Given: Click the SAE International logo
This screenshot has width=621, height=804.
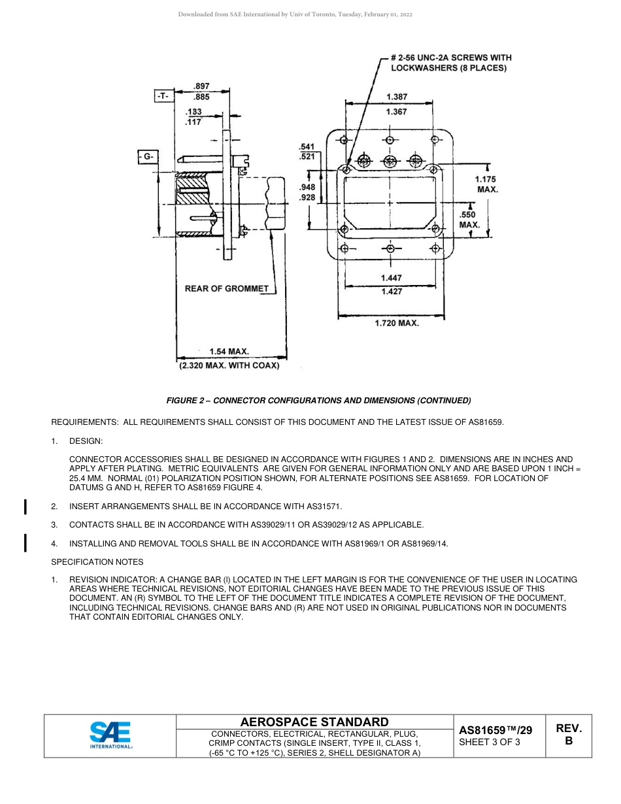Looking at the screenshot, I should tap(110, 735).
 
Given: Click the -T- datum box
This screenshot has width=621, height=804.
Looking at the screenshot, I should tap(163, 96).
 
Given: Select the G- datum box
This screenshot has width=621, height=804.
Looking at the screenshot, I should tap(148, 156).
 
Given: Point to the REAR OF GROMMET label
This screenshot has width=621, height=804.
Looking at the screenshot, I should tap(226, 288).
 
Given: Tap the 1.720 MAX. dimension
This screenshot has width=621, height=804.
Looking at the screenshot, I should tap(396, 323).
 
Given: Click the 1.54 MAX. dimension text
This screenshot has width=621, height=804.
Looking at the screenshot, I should tap(229, 352).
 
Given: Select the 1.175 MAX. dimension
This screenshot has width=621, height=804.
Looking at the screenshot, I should tap(486, 184).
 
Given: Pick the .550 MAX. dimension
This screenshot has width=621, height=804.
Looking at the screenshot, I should tap(469, 220).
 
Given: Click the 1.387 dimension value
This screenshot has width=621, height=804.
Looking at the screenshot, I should tap(396, 97).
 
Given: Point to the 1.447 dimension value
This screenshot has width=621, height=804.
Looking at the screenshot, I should tap(392, 278).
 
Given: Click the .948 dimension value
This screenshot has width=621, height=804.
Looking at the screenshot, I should tap(307, 188).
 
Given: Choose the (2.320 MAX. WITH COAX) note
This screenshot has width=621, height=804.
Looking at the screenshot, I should tap(229, 366).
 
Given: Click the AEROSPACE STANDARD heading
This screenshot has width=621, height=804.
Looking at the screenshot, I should tap(314, 722).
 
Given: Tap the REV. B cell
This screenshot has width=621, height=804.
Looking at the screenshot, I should tap(568, 735).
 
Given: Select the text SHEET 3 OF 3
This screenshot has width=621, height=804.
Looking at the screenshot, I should tap(490, 742).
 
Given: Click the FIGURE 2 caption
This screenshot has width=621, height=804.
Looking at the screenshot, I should tap(318, 400).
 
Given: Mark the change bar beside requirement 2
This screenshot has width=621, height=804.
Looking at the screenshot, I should tap(25, 507).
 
